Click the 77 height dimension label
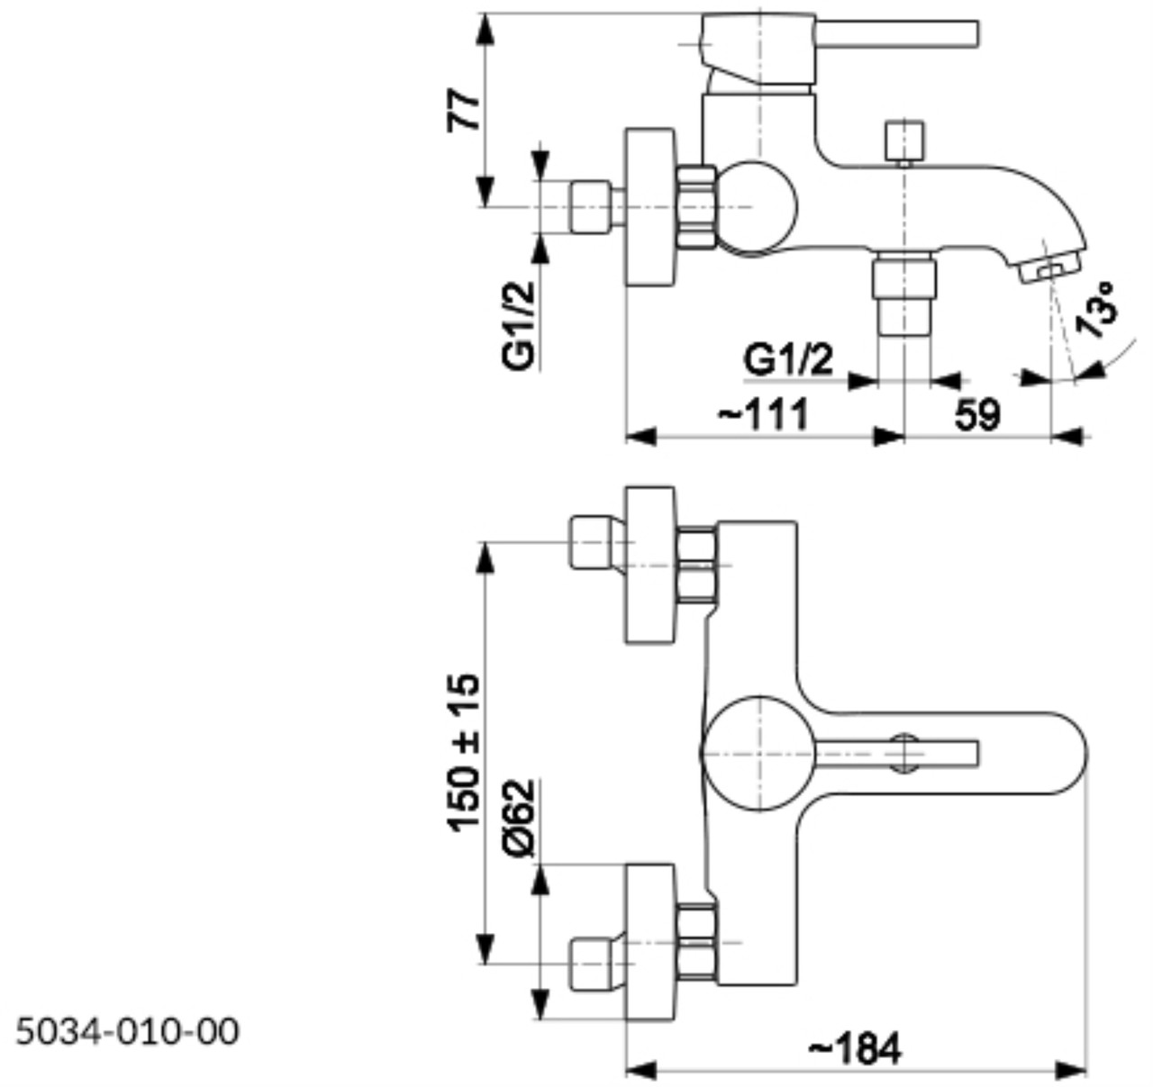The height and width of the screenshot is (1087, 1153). click(x=466, y=110)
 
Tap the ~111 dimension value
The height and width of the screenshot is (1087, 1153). click(x=764, y=415)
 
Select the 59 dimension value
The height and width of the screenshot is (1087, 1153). click(x=976, y=415)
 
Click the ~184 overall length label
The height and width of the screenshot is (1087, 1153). click(x=855, y=1048)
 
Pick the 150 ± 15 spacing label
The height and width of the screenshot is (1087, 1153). click(x=466, y=753)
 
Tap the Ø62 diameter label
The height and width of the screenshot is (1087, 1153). click(x=520, y=817)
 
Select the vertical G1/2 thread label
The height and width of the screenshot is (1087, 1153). click(x=520, y=324)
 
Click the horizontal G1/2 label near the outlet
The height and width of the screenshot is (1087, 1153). click(x=789, y=361)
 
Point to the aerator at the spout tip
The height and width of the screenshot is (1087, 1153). click(x=1050, y=268)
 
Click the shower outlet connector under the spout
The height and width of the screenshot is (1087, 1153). click(x=903, y=294)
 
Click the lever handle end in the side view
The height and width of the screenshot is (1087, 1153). click(x=955, y=32)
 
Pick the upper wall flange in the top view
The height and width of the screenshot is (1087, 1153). click(x=649, y=566)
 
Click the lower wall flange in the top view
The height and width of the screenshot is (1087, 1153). click(x=649, y=942)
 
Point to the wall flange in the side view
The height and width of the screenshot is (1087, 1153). click(x=649, y=208)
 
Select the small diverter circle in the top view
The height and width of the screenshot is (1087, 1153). click(x=903, y=752)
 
